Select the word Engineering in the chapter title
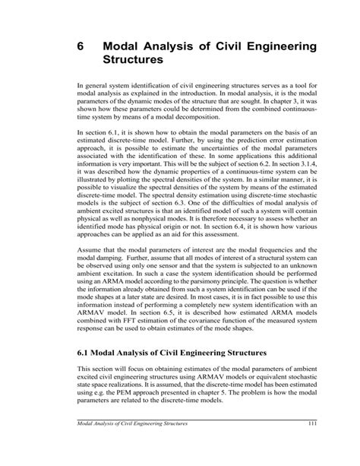coord(272,47)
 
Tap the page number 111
coord(311,444)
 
